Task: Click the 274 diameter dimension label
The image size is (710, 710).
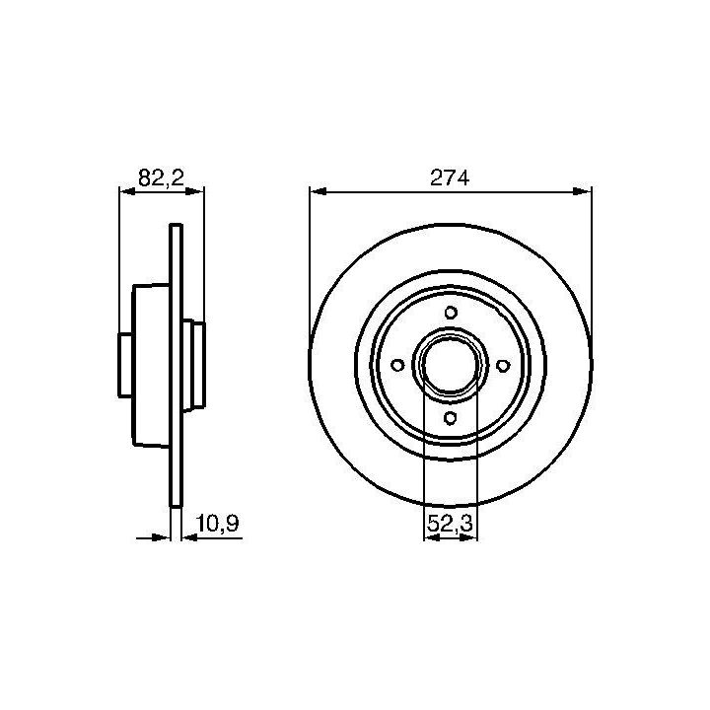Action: (x=450, y=177)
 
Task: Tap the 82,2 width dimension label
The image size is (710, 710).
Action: (x=161, y=177)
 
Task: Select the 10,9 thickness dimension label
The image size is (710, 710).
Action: (x=217, y=524)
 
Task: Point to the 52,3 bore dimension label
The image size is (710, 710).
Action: (x=450, y=524)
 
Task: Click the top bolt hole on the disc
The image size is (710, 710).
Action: (x=451, y=313)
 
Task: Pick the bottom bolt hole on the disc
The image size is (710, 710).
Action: (x=450, y=418)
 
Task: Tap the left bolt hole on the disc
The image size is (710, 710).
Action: (x=397, y=365)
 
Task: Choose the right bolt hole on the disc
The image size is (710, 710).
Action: (x=503, y=366)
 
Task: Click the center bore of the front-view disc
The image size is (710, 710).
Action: (x=450, y=365)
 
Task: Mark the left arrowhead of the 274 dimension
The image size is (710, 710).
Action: (x=319, y=191)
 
